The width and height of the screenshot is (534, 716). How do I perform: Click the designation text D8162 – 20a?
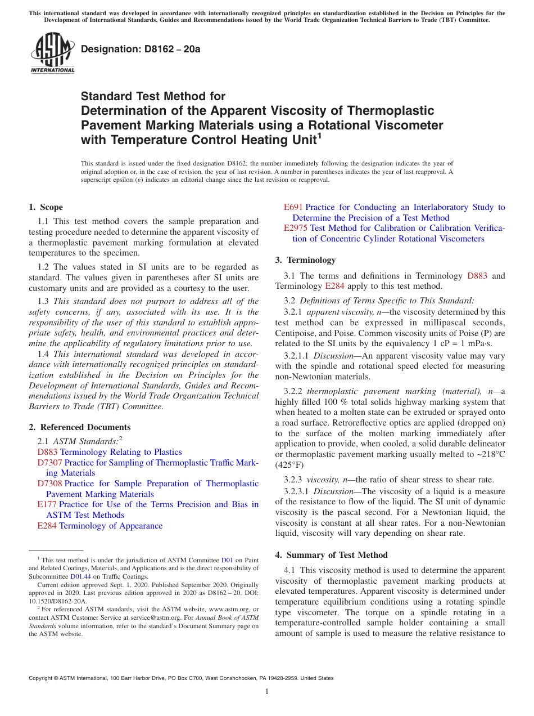141,49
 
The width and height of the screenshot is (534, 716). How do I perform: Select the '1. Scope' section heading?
46,207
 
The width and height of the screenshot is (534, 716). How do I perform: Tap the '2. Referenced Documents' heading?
80,427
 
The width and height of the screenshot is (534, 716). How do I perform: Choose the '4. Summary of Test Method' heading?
331,555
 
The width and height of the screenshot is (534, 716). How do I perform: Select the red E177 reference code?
47,504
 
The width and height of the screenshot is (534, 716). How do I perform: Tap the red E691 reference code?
293,207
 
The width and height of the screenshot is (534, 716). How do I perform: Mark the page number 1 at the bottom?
267,692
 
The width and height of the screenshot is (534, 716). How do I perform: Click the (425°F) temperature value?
290,466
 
